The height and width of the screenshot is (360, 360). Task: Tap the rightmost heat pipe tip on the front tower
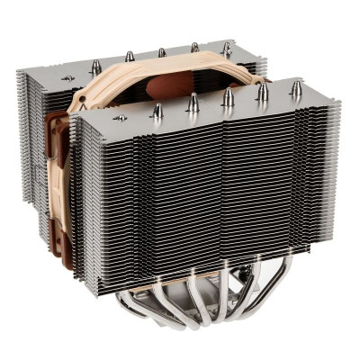click(x=295, y=87)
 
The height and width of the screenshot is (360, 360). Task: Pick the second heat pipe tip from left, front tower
click(x=193, y=103)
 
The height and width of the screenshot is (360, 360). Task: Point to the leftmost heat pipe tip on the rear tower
click(x=95, y=66)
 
